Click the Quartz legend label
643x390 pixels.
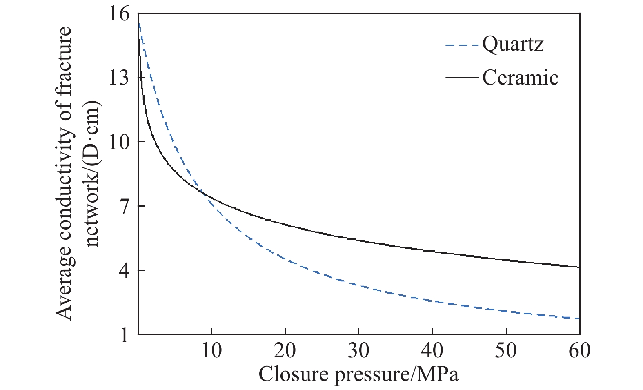513,44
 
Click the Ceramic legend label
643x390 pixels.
520,77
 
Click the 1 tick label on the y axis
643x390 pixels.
124,335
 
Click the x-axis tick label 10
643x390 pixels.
211,350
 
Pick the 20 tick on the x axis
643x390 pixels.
285,350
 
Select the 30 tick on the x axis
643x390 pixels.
359,350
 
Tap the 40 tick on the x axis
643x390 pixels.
432,350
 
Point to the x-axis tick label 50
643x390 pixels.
506,350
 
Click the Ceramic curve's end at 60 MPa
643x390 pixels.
579,267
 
